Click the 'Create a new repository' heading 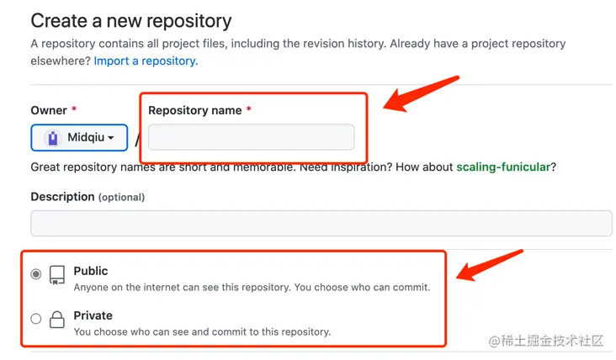(131, 21)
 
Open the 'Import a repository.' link (146, 61)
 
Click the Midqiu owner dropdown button (79, 137)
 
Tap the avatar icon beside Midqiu (53, 138)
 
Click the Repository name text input (252, 137)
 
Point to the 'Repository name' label (195, 110)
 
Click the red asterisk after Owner (73, 109)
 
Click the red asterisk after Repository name (249, 109)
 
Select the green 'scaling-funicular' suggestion (503, 167)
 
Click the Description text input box (321, 223)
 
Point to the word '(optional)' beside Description (121, 197)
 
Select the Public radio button (35, 274)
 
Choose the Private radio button (35, 319)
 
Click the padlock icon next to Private (57, 320)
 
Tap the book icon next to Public (57, 275)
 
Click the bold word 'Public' (91, 271)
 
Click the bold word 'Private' (93, 315)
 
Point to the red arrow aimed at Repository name (420, 93)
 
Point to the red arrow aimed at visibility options (488, 266)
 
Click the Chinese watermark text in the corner (546, 341)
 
